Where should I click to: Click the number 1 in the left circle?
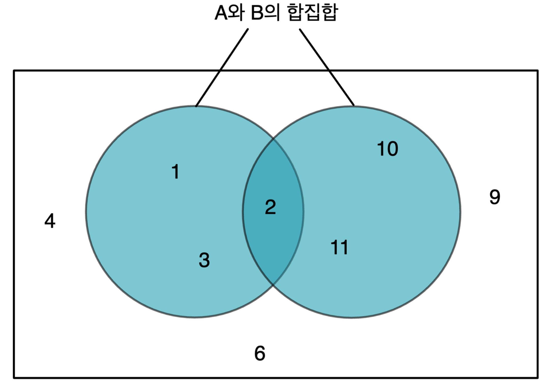point(176,172)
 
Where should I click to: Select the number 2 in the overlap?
point(270,207)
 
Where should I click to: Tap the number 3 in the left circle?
point(204,260)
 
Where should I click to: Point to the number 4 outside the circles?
point(50,221)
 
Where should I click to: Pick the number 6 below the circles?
point(260,353)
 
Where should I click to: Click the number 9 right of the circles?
point(495,197)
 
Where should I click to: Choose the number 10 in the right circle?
point(387,149)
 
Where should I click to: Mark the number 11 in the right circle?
point(339,247)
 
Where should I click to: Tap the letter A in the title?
point(221,13)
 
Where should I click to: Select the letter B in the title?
point(257,13)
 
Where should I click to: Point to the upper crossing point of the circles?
point(273,139)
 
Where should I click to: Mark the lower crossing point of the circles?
point(273,285)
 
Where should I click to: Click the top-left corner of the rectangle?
point(14,71)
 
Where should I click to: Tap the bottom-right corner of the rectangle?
point(537,378)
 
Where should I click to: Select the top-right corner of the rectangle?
point(537,71)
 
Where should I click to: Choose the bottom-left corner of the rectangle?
point(14,378)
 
